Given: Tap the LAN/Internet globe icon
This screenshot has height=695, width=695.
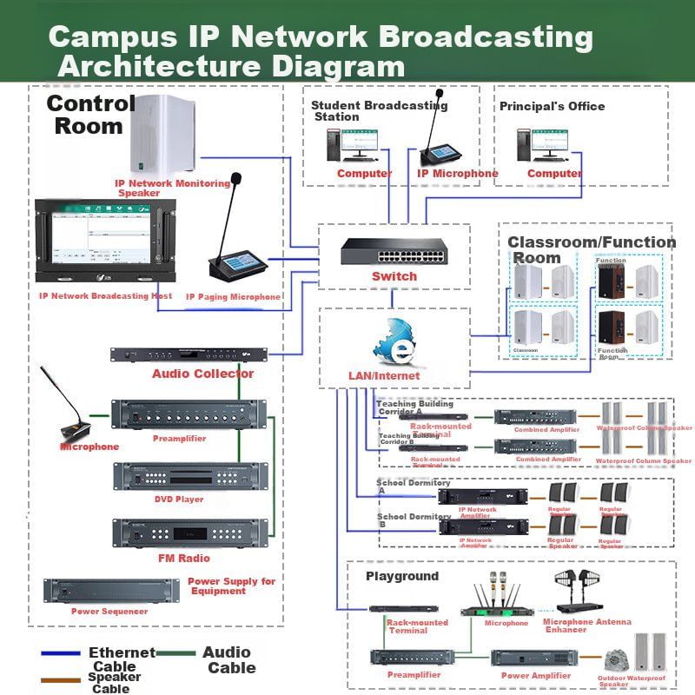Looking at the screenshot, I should click(x=394, y=342).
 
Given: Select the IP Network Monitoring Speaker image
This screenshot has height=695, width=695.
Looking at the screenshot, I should click(x=162, y=135).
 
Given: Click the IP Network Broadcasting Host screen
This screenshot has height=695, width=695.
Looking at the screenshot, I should click(x=106, y=240).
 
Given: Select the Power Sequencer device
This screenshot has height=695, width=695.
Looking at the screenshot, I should click(x=110, y=591).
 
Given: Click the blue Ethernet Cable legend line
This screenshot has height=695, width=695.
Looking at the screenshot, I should click(x=61, y=653).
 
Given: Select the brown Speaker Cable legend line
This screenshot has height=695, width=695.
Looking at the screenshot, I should click(x=61, y=678).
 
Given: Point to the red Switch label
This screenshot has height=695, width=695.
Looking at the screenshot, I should click(x=394, y=276).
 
